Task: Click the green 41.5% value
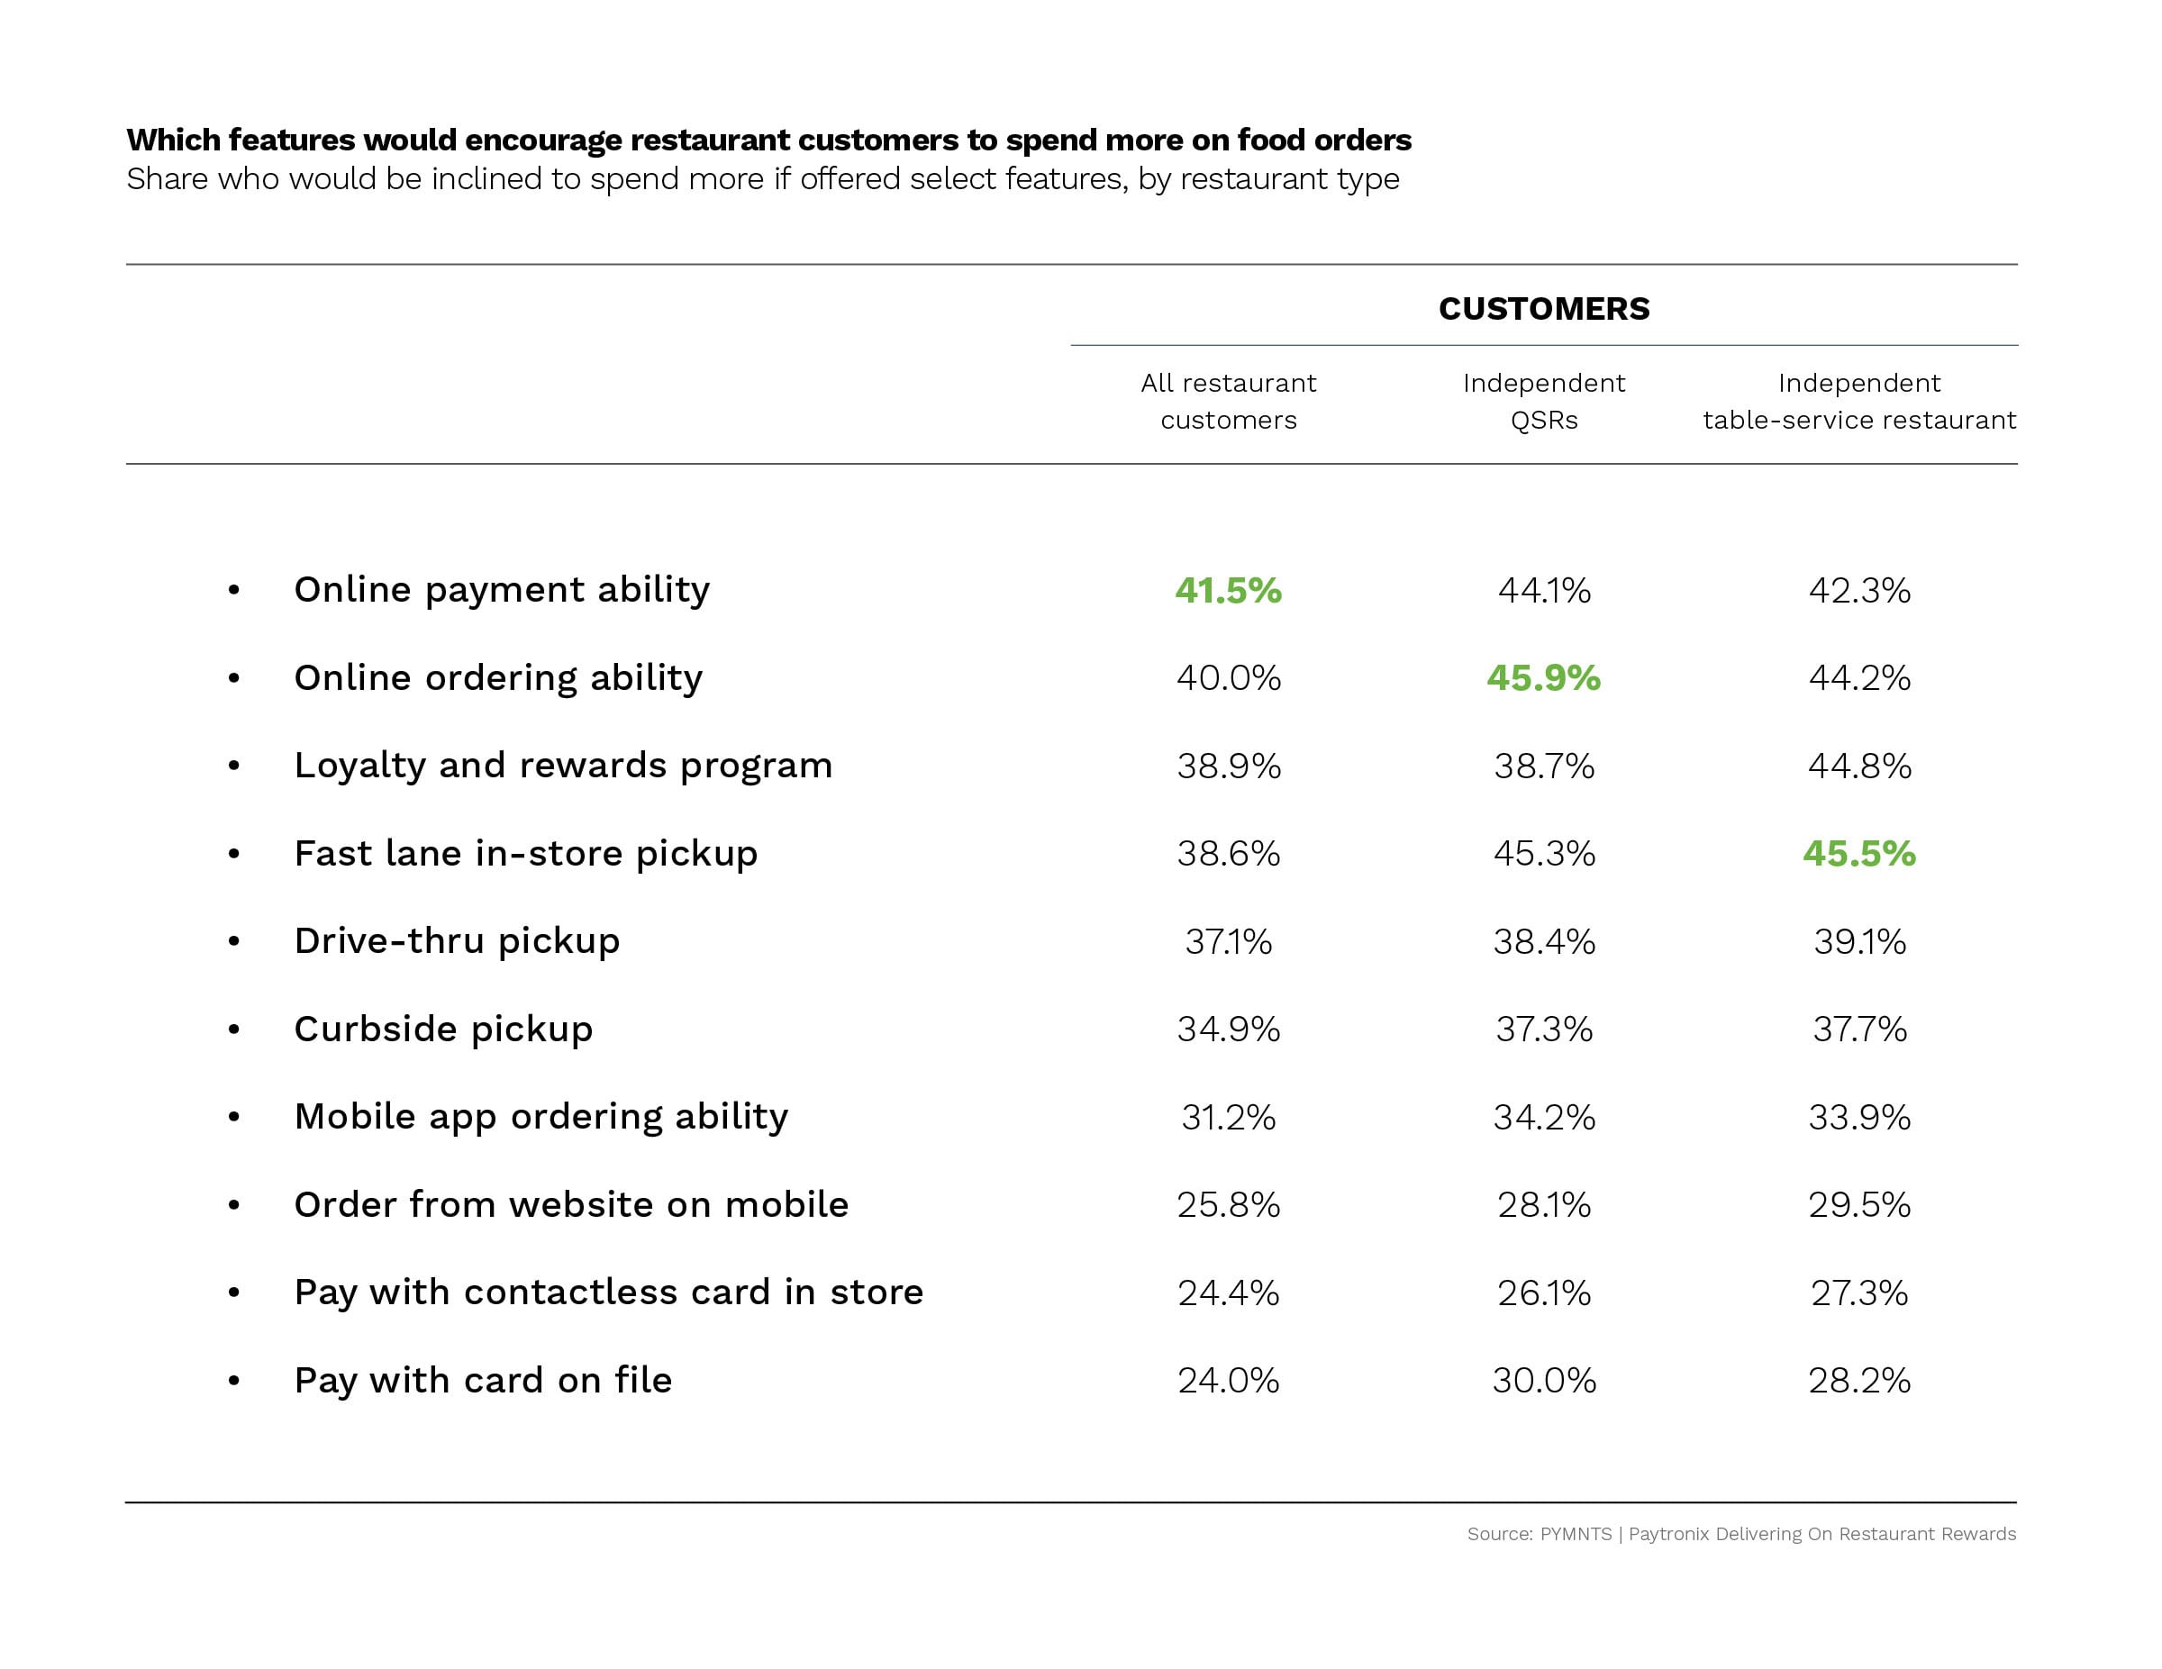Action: (1228, 591)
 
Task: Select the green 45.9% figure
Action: (1543, 678)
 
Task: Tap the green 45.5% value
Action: (1858, 853)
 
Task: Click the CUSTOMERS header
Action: (1543, 309)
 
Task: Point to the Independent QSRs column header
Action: (1543, 402)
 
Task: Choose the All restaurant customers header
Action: (1228, 402)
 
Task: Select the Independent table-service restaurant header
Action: (1858, 402)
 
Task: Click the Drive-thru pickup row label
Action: (457, 941)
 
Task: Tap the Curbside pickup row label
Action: (443, 1030)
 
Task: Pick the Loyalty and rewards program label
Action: (563, 766)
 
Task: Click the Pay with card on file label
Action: (483, 1380)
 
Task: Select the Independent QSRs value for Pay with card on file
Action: (1543, 1380)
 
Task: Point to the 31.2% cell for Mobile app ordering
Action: (1228, 1118)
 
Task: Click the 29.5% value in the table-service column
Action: (1858, 1205)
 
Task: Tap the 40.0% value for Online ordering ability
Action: (1228, 678)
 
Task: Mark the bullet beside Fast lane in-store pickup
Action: (233, 853)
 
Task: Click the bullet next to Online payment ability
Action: (233, 591)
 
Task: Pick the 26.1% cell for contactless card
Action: (1543, 1293)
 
